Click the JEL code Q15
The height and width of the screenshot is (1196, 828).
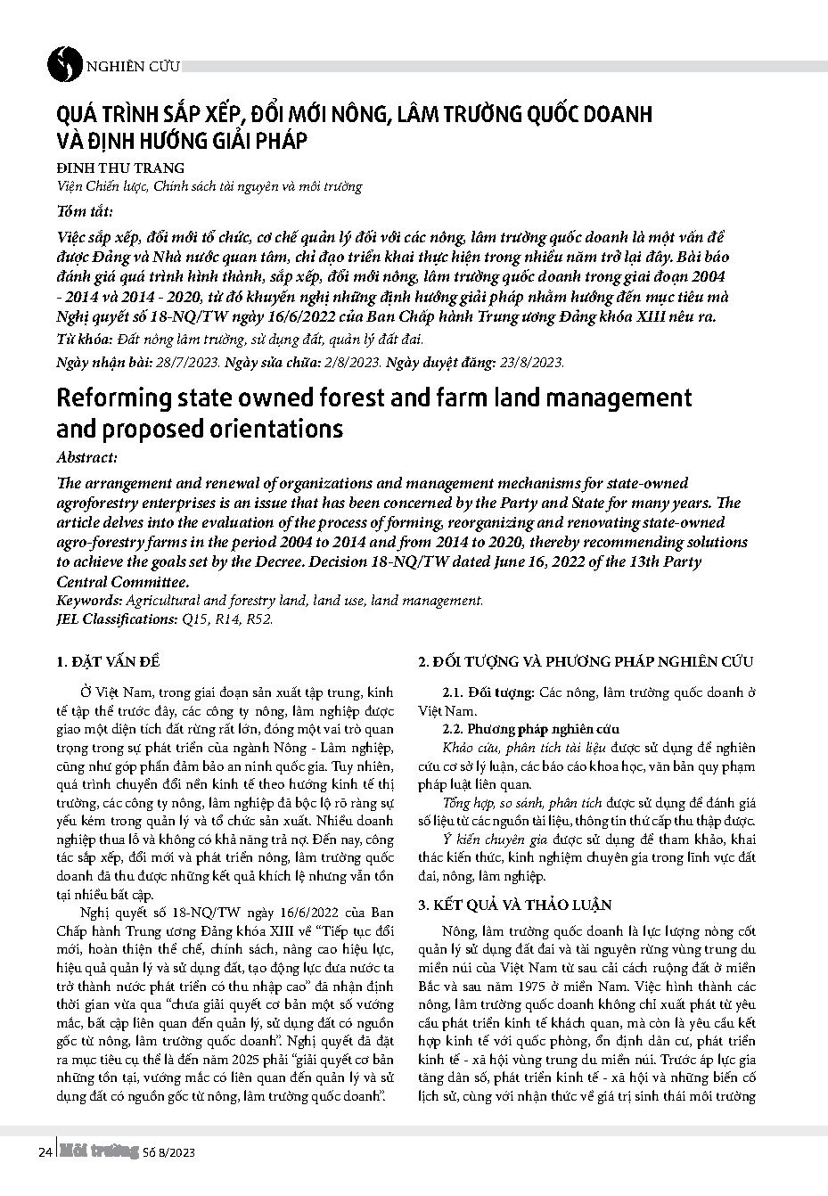[191, 618]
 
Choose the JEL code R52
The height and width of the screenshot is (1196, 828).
[258, 618]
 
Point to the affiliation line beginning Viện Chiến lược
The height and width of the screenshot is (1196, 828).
[209, 186]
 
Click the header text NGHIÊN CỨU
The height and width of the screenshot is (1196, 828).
[133, 66]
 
